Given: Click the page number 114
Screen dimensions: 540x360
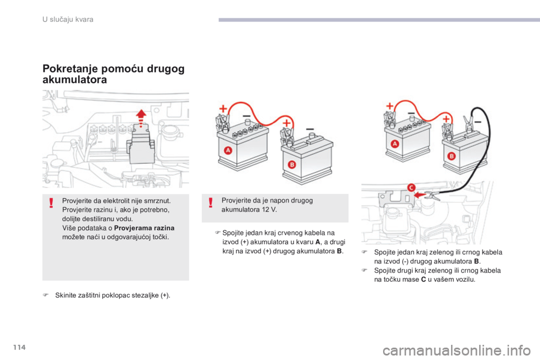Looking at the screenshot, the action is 20,347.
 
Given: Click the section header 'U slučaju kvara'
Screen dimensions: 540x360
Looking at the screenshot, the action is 68,19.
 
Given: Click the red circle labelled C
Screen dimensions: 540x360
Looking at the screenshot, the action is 411,187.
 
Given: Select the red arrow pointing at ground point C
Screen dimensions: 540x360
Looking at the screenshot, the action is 420,195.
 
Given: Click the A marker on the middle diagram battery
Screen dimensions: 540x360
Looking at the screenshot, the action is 228,150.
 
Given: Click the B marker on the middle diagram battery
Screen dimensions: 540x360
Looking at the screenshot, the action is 292,164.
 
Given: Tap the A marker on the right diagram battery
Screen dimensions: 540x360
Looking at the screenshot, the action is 395,143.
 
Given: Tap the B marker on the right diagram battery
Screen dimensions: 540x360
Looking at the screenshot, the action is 451,156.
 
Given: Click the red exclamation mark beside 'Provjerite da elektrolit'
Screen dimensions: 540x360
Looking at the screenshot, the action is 51,203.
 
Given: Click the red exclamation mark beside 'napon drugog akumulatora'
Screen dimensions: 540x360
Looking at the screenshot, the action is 210,202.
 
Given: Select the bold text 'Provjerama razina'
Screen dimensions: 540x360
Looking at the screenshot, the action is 144,228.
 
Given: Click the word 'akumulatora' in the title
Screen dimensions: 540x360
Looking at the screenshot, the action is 75,79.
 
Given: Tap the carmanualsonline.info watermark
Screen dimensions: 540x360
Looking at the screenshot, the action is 456,351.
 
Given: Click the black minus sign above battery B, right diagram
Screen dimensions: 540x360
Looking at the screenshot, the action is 478,122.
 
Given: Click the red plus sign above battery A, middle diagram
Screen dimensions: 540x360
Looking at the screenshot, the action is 223,109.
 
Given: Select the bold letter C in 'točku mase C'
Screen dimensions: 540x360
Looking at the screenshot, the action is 423,280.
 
